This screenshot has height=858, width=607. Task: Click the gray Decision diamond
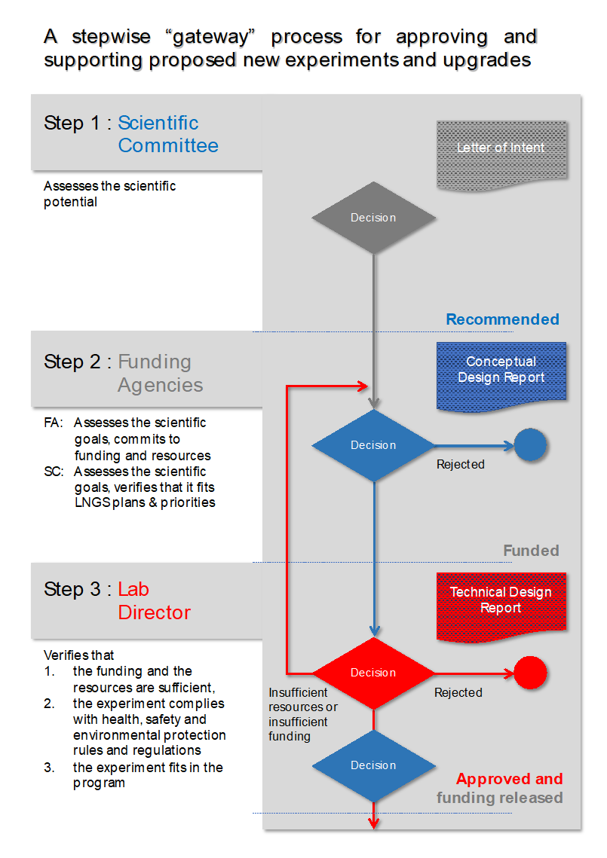click(373, 218)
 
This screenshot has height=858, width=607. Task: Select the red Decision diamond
click(373, 673)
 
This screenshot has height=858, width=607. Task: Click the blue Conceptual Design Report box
click(501, 373)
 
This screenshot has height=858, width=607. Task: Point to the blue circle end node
click(530, 445)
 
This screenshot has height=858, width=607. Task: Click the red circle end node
click(530, 673)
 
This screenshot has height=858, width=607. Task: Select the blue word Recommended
click(502, 319)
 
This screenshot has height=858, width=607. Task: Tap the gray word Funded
click(531, 551)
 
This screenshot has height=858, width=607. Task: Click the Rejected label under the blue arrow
click(460, 465)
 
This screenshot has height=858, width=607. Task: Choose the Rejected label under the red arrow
click(458, 692)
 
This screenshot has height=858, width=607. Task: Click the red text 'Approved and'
click(509, 779)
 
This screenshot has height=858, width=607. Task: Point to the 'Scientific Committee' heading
click(167, 134)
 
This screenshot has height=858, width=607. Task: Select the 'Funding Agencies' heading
click(160, 374)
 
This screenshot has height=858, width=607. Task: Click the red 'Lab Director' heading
click(154, 600)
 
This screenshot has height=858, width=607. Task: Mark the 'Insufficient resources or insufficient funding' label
click(302, 714)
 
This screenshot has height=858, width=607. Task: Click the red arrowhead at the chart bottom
click(373, 823)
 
